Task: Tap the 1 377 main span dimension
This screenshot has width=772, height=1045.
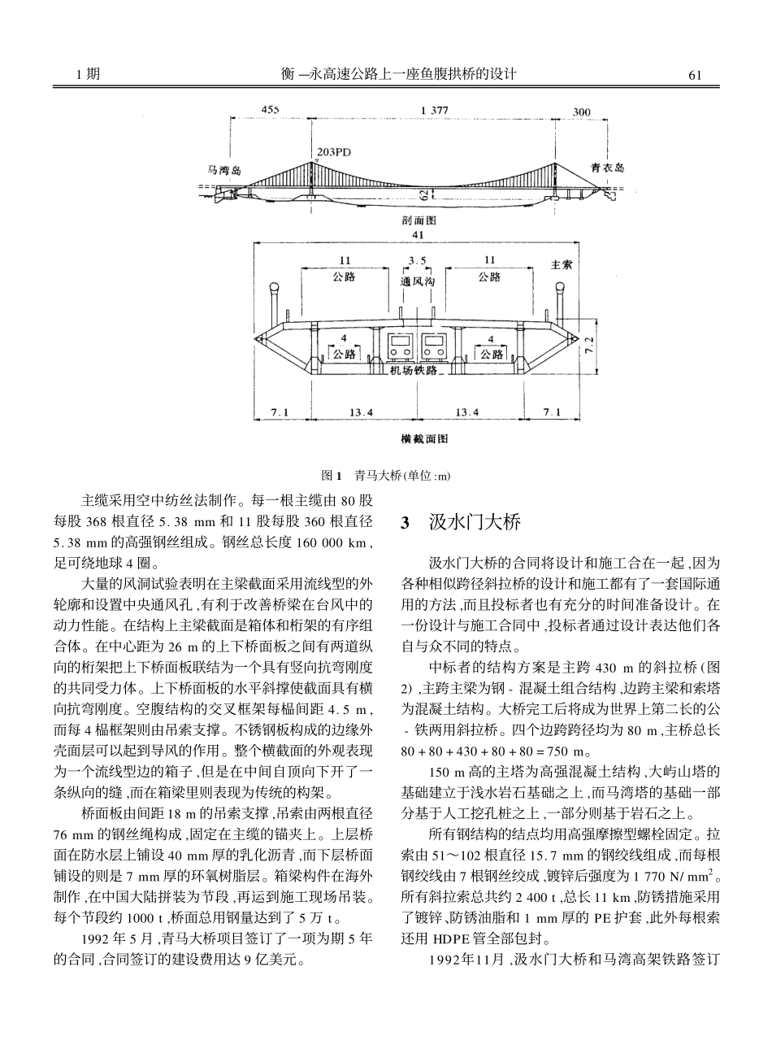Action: pos(433,111)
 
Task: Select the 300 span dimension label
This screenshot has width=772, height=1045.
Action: pos(582,111)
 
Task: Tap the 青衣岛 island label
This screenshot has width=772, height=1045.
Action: pos(607,168)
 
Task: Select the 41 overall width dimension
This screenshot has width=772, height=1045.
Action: pos(419,234)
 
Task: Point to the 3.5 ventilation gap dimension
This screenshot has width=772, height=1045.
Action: pos(419,261)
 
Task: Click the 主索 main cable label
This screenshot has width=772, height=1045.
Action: pos(562,264)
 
